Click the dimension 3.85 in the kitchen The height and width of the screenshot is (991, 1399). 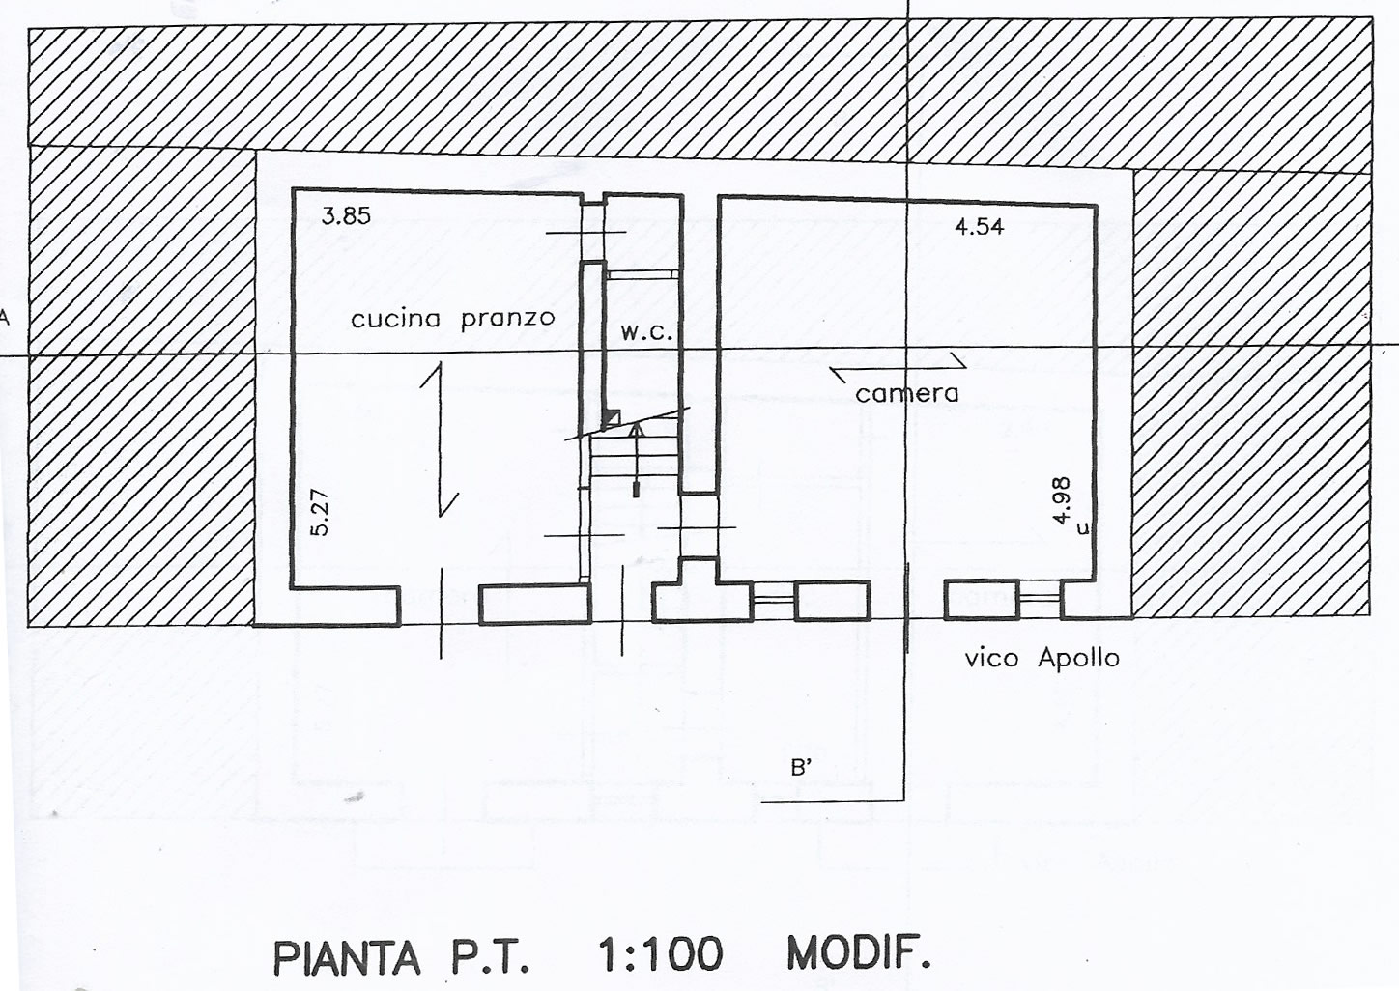(346, 216)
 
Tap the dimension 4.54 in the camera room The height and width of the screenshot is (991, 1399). (980, 226)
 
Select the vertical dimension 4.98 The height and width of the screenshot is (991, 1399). (1061, 501)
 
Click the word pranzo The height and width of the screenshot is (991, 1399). (508, 319)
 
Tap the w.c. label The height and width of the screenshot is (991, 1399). (647, 333)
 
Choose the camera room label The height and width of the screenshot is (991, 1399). (907, 393)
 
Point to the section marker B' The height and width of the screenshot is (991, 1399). (801, 768)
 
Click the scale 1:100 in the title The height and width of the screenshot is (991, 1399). (660, 954)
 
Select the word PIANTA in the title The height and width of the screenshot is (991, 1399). (347, 958)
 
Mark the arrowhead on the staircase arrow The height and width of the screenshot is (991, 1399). (636, 429)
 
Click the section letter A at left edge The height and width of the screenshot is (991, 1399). (4, 319)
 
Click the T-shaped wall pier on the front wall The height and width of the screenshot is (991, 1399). (700, 591)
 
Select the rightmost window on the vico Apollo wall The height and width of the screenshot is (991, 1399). (1040, 598)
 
